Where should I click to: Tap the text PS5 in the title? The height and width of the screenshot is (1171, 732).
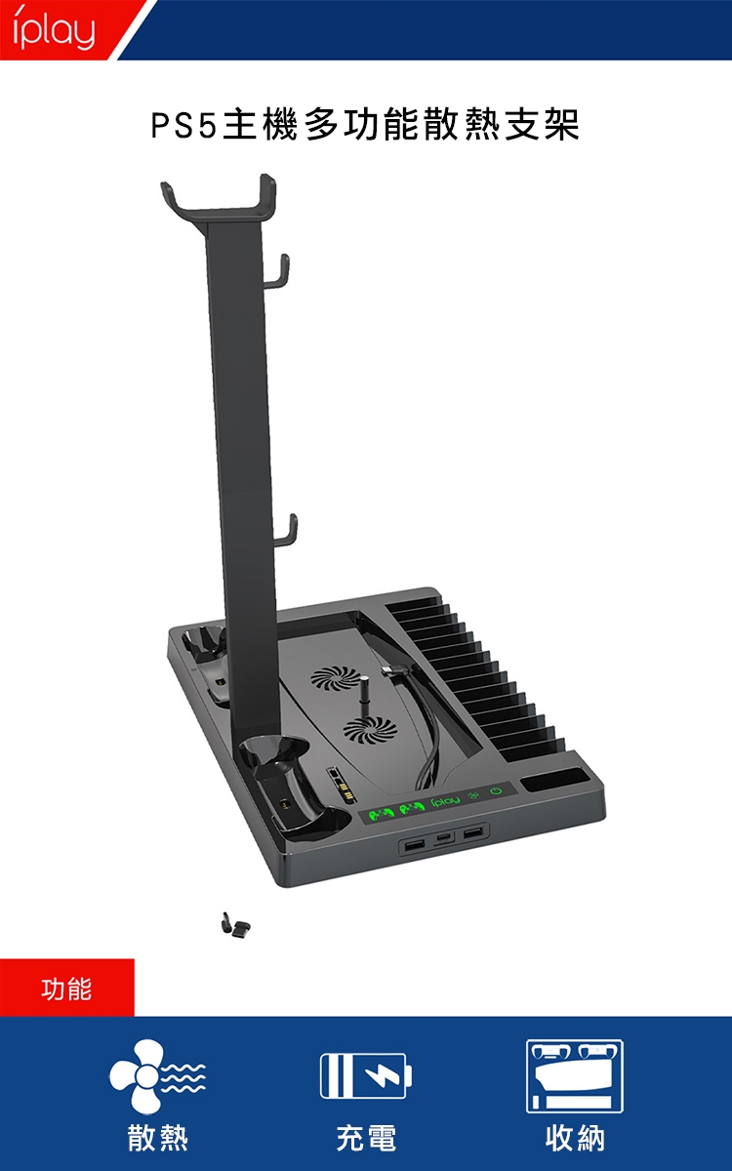click(x=183, y=126)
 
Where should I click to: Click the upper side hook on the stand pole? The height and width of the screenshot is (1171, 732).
click(x=276, y=272)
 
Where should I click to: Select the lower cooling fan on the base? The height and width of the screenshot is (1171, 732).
click(x=370, y=729)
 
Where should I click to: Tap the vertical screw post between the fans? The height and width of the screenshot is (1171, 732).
click(x=364, y=698)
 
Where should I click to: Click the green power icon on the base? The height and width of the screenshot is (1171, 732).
click(x=496, y=790)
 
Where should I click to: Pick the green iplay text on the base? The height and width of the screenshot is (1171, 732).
click(x=445, y=801)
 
